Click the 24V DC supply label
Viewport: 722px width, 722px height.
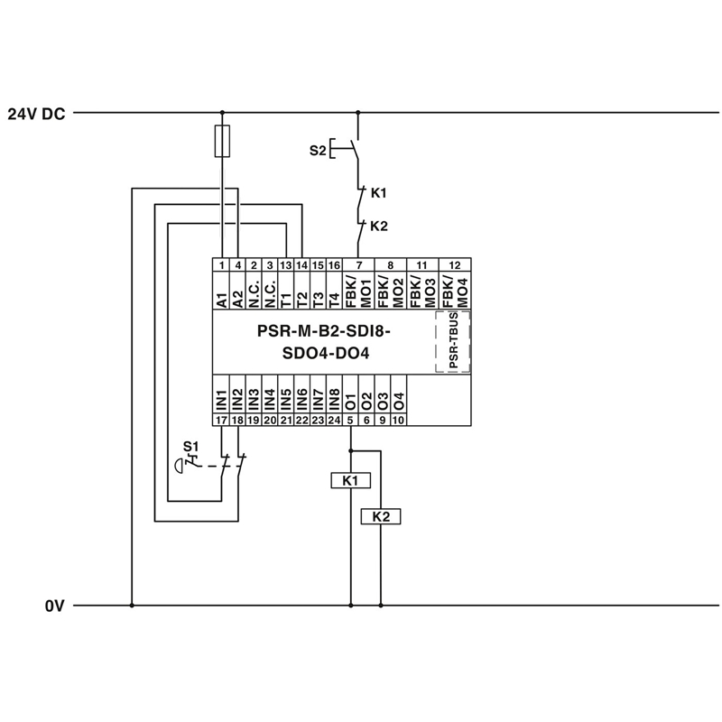36,114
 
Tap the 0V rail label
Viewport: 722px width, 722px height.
55,606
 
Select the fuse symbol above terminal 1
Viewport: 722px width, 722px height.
222,142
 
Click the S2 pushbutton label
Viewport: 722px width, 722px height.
317,151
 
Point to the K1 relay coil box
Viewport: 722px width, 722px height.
350,481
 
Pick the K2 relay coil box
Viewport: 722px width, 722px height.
381,516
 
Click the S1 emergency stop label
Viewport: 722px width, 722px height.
190,446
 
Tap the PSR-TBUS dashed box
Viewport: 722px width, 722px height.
453,341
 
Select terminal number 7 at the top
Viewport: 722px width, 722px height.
361,264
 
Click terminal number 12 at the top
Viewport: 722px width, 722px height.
454,264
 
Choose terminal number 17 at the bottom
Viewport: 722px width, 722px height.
221,420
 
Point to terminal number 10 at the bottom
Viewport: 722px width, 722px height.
398,420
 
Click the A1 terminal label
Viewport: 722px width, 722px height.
221,298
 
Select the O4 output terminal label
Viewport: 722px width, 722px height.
398,399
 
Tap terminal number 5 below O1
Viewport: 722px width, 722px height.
350,420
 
